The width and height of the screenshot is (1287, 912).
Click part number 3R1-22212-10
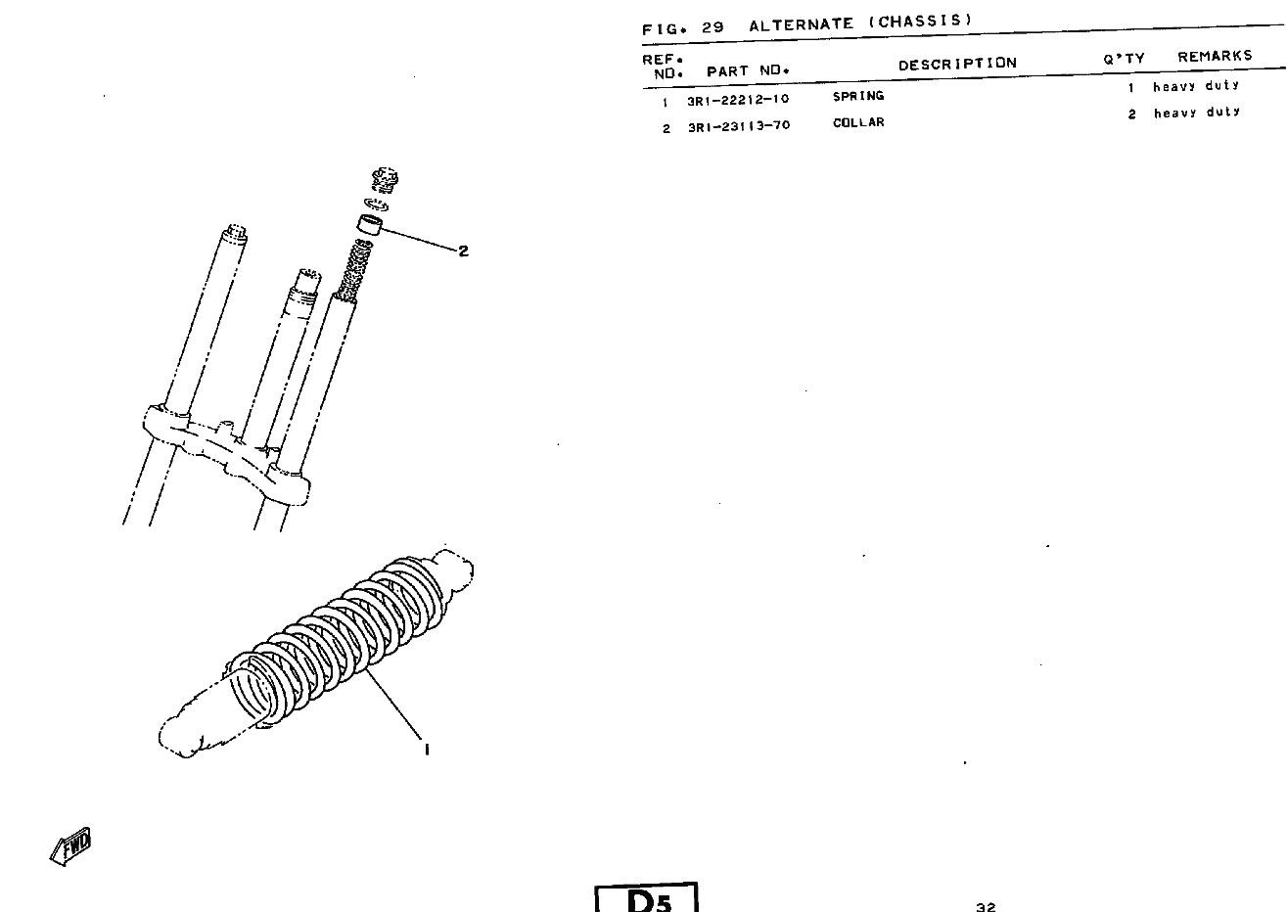738,100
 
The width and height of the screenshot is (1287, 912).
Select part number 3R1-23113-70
740,126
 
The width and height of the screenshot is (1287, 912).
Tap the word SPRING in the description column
858,96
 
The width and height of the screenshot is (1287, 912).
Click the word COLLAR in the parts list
858,122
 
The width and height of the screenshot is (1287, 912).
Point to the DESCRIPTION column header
958,64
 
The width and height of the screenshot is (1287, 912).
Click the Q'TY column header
1124,59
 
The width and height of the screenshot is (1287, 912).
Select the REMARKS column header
1216,57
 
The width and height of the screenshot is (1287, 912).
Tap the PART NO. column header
749,71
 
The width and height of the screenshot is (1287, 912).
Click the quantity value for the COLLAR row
1131,114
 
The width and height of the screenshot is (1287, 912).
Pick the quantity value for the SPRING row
1130,88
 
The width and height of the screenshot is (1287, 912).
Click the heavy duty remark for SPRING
1196,86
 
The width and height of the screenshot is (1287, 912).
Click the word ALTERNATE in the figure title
801,24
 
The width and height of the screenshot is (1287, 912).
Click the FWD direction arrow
71,846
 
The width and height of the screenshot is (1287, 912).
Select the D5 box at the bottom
646,897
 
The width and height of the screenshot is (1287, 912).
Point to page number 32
986,907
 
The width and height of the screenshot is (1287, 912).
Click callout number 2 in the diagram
463,251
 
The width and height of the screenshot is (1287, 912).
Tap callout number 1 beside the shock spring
427,750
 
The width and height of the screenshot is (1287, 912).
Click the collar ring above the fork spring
369,224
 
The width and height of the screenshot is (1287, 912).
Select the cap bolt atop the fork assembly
385,180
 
